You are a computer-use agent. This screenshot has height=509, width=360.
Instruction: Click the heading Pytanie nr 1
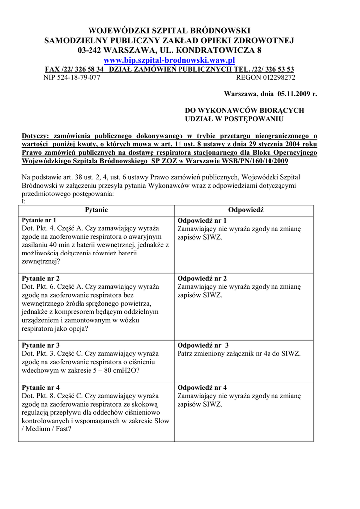[x=39, y=220]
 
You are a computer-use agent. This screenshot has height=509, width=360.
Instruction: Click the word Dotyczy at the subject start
[x=37, y=135]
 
